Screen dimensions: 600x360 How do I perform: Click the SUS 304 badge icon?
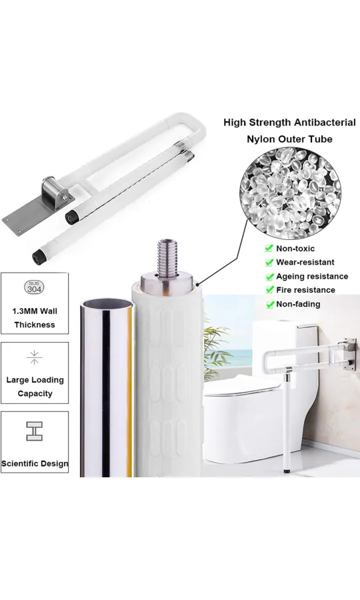(x=34, y=287)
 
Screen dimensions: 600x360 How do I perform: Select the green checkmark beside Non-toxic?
(x=269, y=248)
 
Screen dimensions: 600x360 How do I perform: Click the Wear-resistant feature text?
(x=305, y=262)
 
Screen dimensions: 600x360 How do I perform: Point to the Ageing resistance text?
(x=312, y=276)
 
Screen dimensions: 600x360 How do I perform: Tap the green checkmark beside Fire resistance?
(x=269, y=290)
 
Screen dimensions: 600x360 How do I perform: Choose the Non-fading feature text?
(x=298, y=304)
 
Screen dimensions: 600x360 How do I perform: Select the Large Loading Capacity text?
(x=35, y=387)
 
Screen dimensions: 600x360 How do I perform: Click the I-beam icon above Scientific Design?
(x=34, y=431)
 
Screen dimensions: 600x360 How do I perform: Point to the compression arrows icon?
(x=34, y=357)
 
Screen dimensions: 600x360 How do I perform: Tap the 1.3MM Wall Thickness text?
(x=34, y=318)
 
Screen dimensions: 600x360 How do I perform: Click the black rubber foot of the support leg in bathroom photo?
(x=287, y=470)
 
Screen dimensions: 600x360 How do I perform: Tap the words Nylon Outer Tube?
(x=289, y=139)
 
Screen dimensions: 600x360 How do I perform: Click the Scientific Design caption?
(x=35, y=463)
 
